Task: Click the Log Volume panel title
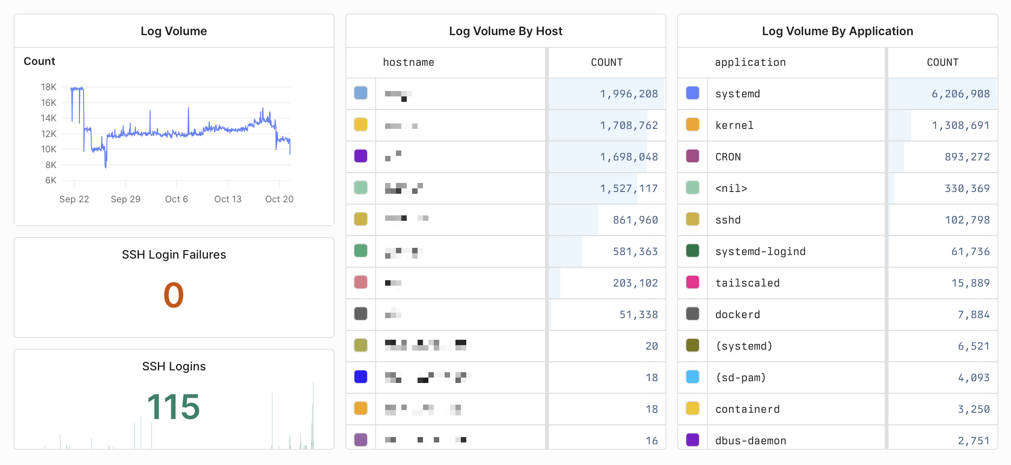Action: click(174, 31)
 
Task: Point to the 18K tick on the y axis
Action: click(49, 87)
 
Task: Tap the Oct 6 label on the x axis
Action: click(176, 199)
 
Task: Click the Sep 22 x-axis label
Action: click(74, 199)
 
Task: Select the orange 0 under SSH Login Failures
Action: click(174, 295)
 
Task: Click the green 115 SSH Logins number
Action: click(174, 407)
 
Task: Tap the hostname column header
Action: click(409, 63)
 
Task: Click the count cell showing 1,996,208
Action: click(629, 94)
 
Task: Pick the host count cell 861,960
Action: click(635, 220)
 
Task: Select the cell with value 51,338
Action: click(639, 315)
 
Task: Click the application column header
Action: click(750, 63)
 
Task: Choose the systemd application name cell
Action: click(738, 94)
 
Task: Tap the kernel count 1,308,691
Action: click(960, 125)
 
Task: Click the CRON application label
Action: click(728, 157)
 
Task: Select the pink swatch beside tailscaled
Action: click(693, 282)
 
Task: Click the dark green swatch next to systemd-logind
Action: click(693, 251)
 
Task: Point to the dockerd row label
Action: click(738, 315)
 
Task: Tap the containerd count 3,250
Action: click(974, 409)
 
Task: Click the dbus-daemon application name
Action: click(751, 441)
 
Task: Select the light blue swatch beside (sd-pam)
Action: click(693, 377)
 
